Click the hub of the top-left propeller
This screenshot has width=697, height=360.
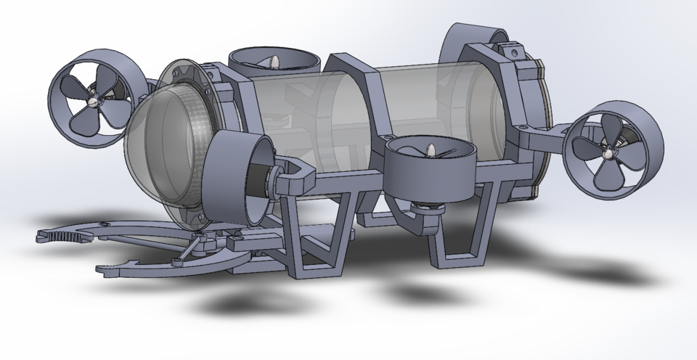pyautogui.click(x=93, y=101)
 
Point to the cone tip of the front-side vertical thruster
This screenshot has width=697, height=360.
pyautogui.click(x=431, y=152)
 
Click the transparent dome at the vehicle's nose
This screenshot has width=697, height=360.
pyautogui.click(x=156, y=145)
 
